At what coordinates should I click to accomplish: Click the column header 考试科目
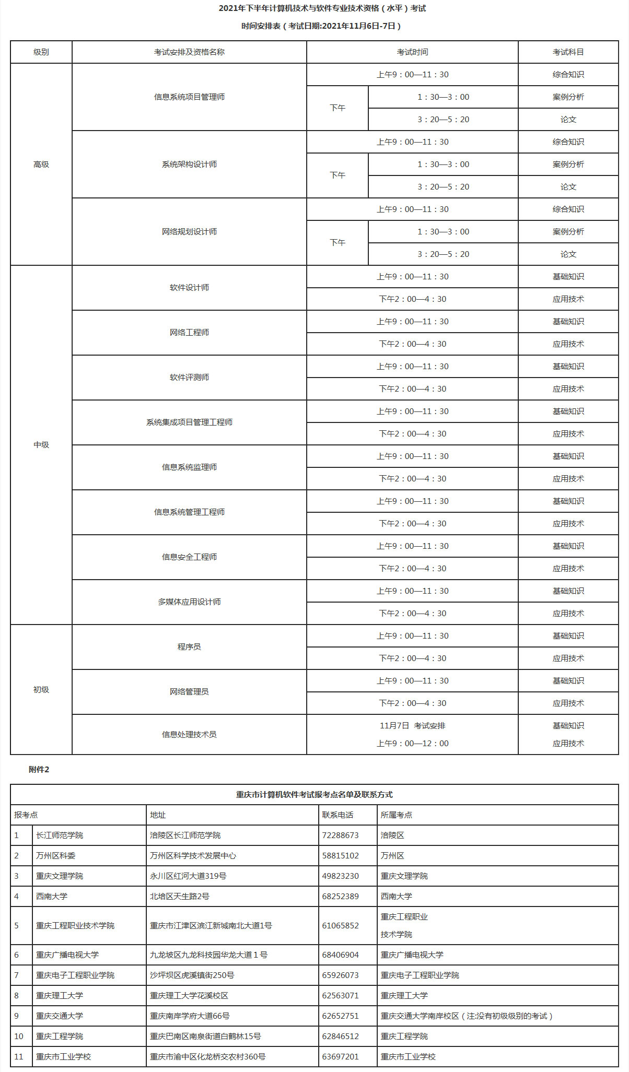tap(568, 52)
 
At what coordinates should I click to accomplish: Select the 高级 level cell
tap(41, 164)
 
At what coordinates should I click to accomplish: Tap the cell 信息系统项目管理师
tap(189, 97)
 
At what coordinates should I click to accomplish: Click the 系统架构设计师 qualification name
tap(189, 164)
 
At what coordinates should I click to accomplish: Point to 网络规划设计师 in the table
tap(189, 232)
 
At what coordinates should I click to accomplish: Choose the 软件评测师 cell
tap(189, 378)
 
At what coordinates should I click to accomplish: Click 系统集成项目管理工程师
tap(189, 422)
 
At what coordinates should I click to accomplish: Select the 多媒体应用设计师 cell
tap(189, 602)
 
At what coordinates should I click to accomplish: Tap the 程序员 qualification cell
tap(189, 647)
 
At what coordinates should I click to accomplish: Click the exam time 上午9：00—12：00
tap(413, 744)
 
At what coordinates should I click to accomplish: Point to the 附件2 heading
tap(39, 770)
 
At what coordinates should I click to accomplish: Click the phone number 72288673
tap(341, 835)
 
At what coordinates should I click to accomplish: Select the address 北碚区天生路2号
tap(180, 897)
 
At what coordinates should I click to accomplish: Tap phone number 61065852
tap(341, 926)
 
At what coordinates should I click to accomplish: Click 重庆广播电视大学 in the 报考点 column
tap(67, 955)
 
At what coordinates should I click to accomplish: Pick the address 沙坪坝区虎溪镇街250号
tap(192, 975)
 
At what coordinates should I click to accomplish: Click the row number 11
tap(19, 1057)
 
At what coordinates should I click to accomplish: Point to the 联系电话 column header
tap(337, 815)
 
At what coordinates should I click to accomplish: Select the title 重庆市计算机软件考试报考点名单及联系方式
tap(314, 795)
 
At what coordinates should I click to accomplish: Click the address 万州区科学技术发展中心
tap(193, 856)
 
